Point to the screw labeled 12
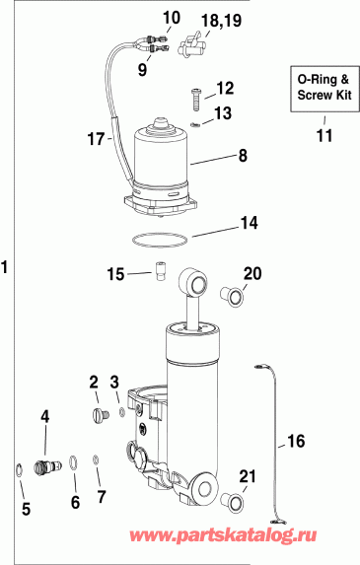tap(195, 97)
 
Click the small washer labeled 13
tap(196, 123)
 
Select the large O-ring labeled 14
tap(159, 240)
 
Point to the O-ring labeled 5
tap(19, 468)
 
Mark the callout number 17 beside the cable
tap(94, 141)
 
